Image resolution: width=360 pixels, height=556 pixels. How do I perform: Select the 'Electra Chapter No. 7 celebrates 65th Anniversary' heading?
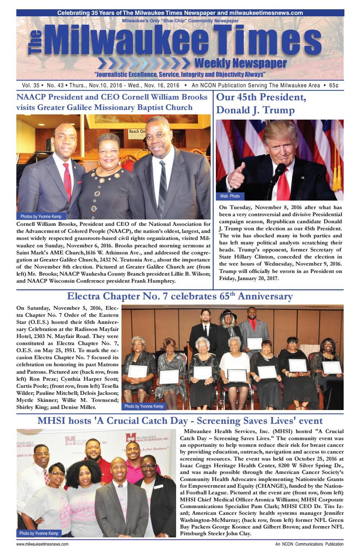[x=180, y=296]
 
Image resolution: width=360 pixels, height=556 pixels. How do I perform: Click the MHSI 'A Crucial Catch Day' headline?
[x=180, y=421]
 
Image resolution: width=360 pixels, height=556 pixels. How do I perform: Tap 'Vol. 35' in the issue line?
[x=26, y=85]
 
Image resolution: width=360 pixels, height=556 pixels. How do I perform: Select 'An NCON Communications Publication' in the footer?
[x=307, y=544]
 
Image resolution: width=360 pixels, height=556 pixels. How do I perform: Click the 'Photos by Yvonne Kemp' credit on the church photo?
[x=41, y=216]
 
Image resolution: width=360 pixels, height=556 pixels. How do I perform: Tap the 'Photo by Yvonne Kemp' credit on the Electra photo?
[x=144, y=406]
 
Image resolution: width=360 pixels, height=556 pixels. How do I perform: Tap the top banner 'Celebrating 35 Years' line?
[x=180, y=13]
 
